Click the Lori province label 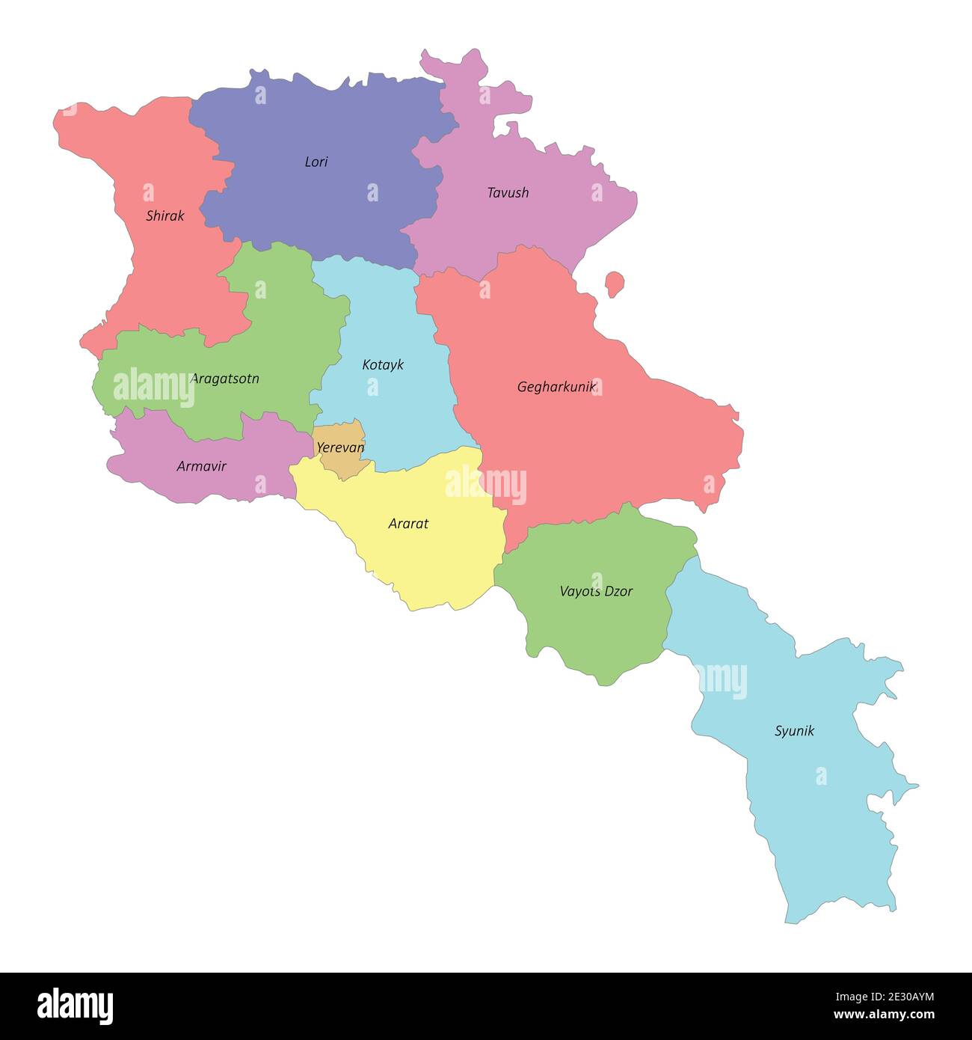pos(316,162)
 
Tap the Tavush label pos(508,193)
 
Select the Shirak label pos(164,216)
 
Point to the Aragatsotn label pos(225,379)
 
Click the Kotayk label pos(383,365)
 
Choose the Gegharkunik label pos(556,388)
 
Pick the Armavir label pos(201,467)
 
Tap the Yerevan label pos(340,448)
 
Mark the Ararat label pos(408,524)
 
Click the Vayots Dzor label pos(596,592)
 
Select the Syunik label pos(794,732)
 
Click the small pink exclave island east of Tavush pos(615,284)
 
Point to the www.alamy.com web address pos(884,1015)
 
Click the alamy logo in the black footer pos(75,1006)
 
